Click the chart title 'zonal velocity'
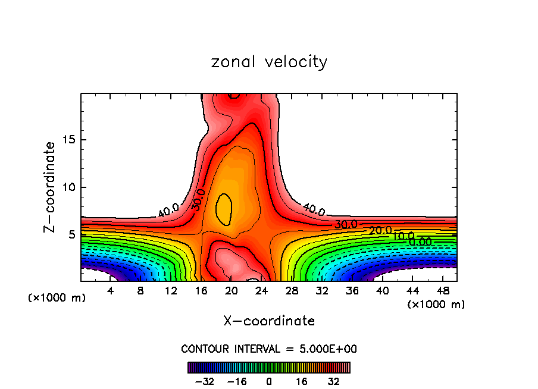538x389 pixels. pyautogui.click(x=269, y=62)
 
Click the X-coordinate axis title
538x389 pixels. pyautogui.click(x=269, y=321)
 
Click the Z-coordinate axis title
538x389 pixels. pyautogui.click(x=51, y=187)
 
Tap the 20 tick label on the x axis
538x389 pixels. pyautogui.click(x=232, y=291)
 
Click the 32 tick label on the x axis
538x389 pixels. pyautogui.click(x=322, y=291)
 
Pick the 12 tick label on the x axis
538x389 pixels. pyautogui.click(x=171, y=291)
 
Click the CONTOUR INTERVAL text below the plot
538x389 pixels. pyautogui.click(x=269, y=349)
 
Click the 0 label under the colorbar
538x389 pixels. pyautogui.click(x=269, y=381)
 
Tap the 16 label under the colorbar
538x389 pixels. pyautogui.click(x=302, y=381)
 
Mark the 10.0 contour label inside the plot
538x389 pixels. pyautogui.click(x=402, y=236)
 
